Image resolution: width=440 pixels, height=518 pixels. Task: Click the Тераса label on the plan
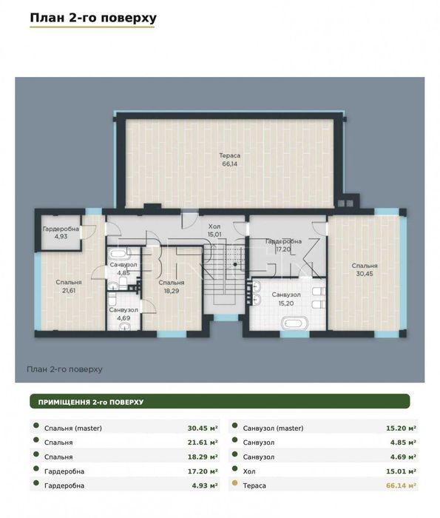point(229,155)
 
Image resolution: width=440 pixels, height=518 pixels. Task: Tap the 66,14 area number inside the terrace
point(229,164)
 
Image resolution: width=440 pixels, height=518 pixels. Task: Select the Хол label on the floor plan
point(214,226)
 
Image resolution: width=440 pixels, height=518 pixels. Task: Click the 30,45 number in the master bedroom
point(365,274)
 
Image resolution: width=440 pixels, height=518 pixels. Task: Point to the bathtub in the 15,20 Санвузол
point(294,323)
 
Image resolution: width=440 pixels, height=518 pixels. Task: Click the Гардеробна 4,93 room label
point(61,232)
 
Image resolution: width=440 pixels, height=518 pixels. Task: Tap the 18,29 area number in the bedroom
point(172,291)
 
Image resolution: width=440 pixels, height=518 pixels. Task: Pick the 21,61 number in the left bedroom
point(69,290)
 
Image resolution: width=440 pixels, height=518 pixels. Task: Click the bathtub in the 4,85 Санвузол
point(118,254)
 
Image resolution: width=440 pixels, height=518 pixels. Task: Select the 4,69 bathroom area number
point(123,318)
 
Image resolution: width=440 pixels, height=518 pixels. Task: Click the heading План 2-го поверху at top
point(93,18)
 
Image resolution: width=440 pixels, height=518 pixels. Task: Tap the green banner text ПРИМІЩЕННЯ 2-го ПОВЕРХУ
point(91,403)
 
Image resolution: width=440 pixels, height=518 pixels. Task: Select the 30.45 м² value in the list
point(203,428)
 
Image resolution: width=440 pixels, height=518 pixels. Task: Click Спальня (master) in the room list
point(73,428)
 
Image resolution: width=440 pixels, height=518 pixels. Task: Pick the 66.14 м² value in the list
point(401,485)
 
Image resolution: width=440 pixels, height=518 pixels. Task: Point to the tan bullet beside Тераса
point(234,483)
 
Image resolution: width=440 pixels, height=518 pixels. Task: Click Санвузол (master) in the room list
point(273,428)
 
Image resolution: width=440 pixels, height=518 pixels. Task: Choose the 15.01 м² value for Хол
point(401,471)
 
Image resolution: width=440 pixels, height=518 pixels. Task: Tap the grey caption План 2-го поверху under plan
point(64,369)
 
